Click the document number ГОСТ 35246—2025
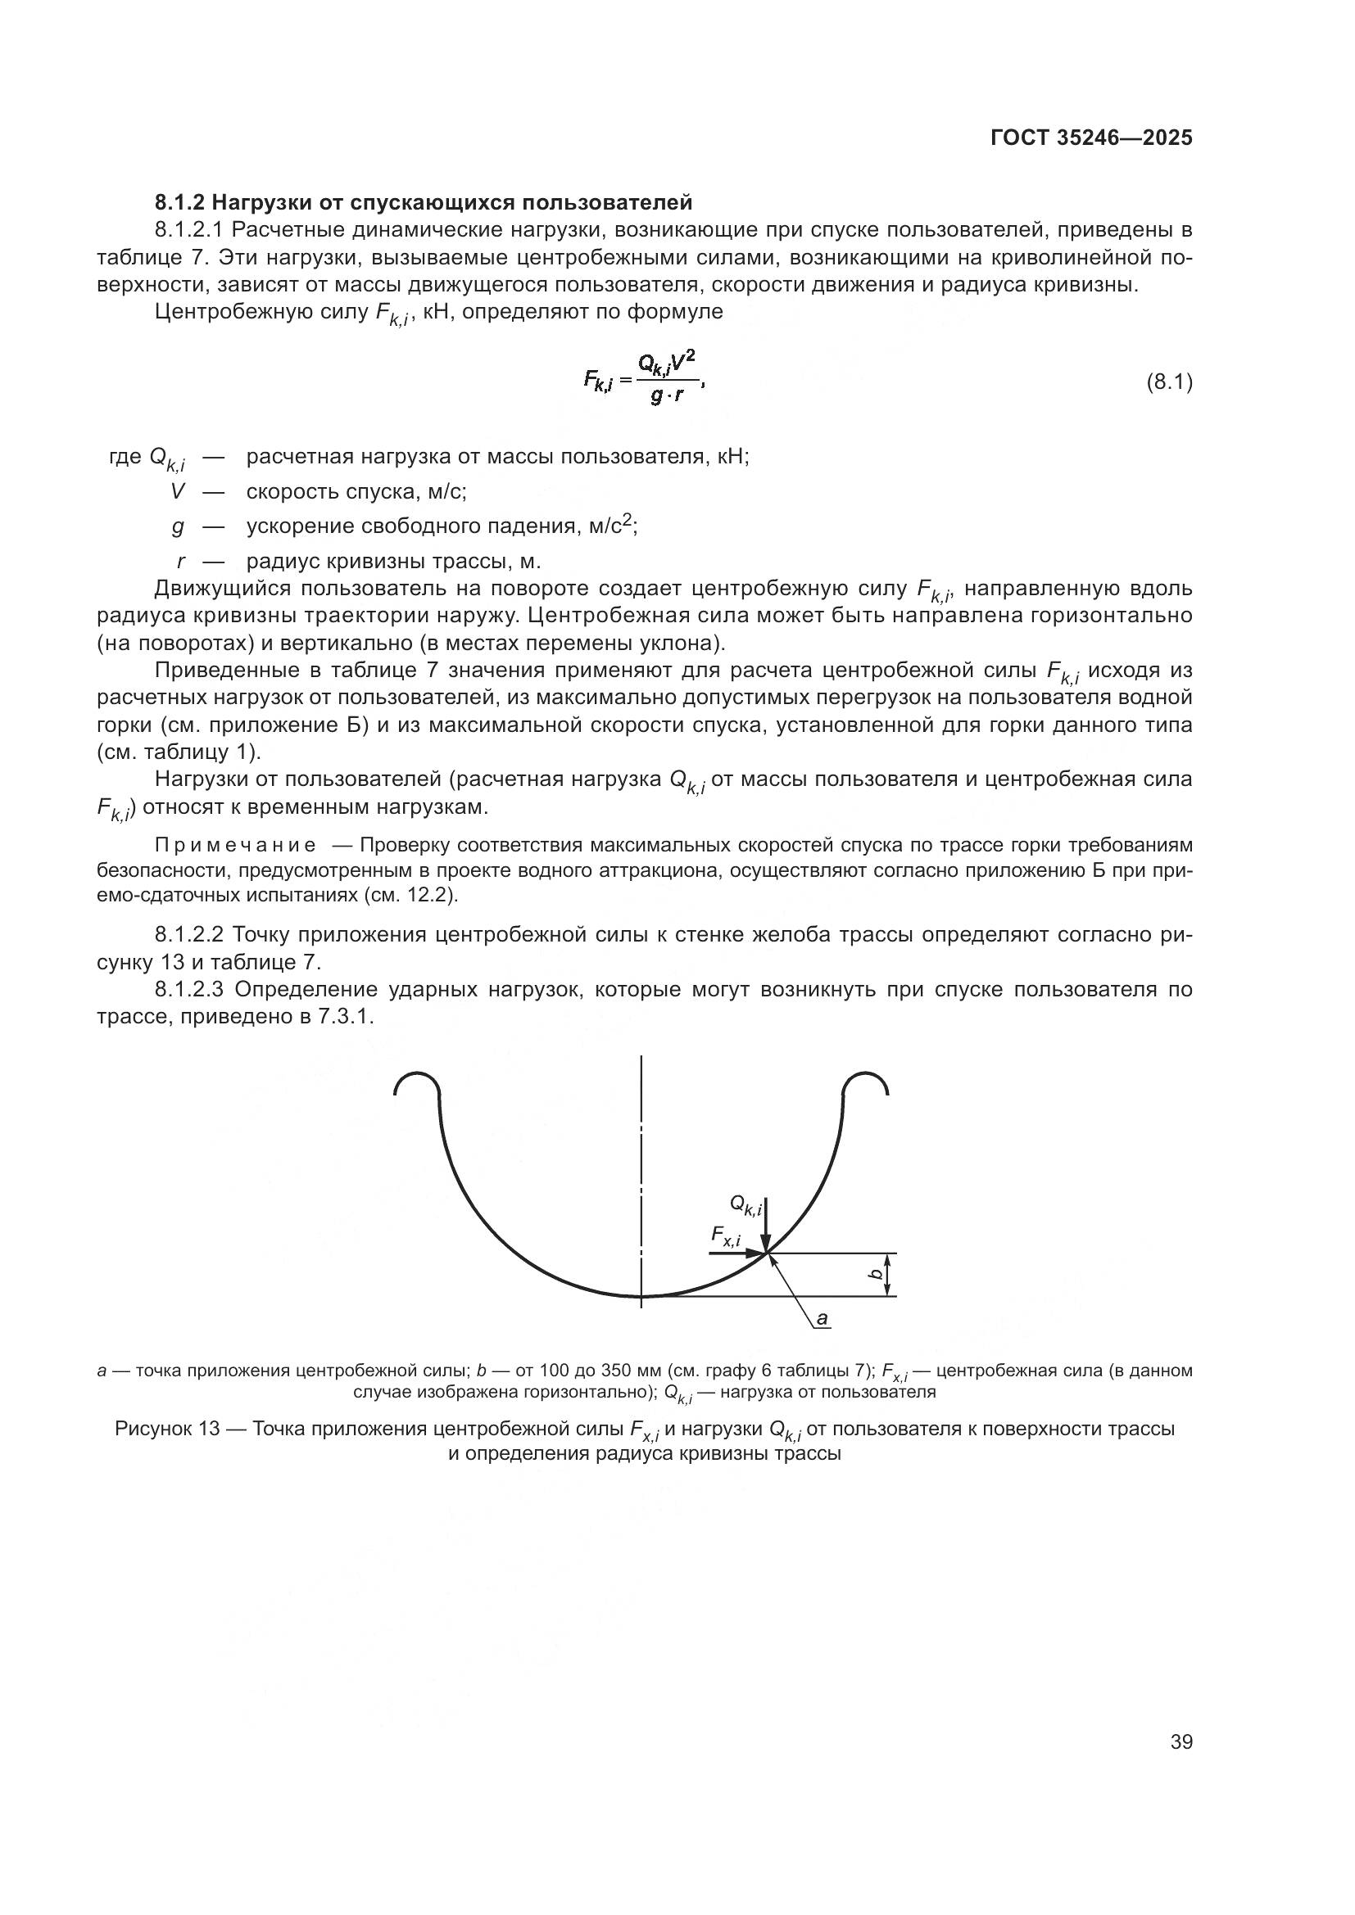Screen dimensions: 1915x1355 (1090, 138)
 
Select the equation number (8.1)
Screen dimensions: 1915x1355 (1169, 383)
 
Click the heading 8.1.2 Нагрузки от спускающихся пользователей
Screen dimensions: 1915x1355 (423, 202)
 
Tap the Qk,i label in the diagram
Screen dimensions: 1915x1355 (744, 1204)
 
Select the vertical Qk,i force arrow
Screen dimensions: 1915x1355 (765, 1226)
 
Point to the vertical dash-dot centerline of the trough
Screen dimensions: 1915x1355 (641, 1168)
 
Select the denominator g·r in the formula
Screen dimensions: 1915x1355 (667, 397)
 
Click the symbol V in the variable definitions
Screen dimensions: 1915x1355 (177, 491)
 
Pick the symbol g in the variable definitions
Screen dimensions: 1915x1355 (178, 526)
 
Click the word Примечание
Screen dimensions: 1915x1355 (235, 845)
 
